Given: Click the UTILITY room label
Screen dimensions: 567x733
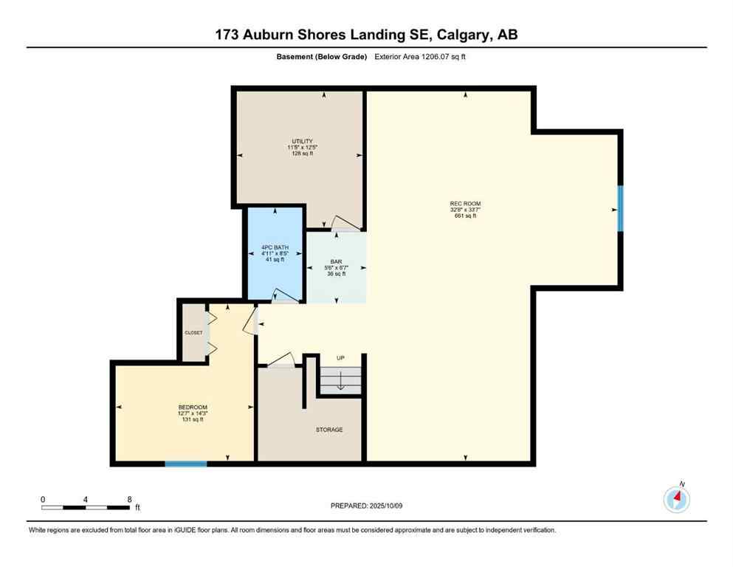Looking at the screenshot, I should pos(301,141).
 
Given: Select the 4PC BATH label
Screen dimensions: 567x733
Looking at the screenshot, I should pos(275,247).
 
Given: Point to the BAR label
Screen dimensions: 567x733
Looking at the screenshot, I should pos(336,261).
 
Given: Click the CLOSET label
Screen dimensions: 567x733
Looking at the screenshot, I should pos(193,332).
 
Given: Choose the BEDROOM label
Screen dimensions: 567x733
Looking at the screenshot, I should pos(193,407).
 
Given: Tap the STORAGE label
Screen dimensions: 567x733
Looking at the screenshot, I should pos(329,430).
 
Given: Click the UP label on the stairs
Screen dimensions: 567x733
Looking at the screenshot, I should pos(340,358).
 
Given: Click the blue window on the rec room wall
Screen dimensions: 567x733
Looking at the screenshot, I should pos(620,209).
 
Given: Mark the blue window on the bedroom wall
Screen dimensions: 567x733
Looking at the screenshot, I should pos(185,464).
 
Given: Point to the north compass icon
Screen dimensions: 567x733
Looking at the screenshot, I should pos(676,499).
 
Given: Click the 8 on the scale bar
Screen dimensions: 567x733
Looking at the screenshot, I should pos(129,500).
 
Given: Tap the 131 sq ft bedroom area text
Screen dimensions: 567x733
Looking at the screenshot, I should pos(193,419).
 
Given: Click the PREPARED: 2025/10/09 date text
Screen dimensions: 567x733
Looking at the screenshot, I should pos(367,506).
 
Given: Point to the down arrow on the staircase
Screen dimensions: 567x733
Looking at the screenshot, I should pos(340,382).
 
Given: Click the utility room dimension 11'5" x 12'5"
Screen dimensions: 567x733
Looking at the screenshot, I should pos(301,147).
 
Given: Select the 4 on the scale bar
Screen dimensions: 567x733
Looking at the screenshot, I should pos(86,500).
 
